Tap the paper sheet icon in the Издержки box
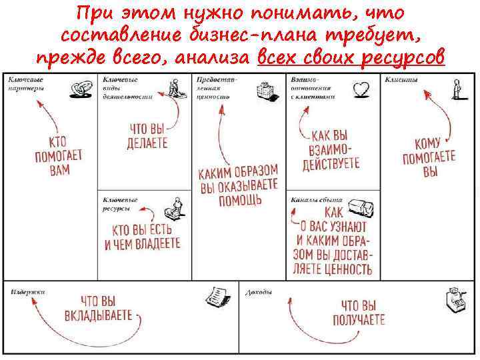215,296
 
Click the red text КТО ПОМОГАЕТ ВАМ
58,155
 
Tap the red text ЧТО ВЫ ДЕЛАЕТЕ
147,136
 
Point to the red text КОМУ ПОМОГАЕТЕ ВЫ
429,157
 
